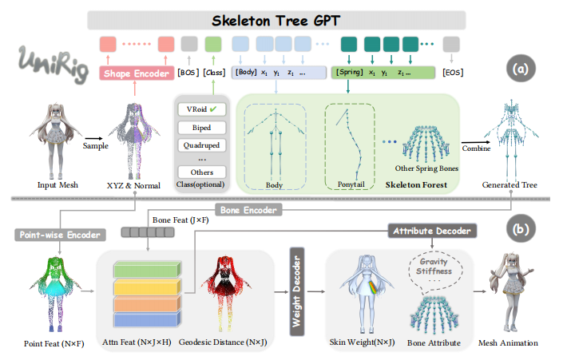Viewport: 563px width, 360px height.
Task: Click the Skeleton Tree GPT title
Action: point(280,18)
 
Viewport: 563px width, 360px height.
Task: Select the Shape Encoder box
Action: point(137,73)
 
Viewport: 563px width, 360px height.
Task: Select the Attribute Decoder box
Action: point(430,230)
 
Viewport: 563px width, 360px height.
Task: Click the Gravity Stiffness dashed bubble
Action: point(434,264)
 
